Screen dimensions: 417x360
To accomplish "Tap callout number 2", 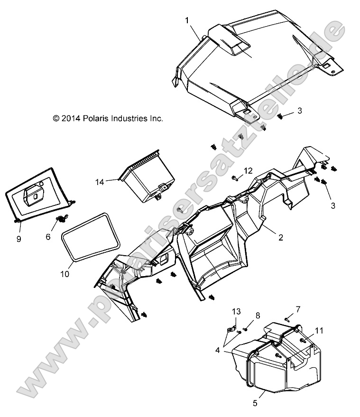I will (x=281, y=238).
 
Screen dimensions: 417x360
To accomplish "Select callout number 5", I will (x=255, y=404).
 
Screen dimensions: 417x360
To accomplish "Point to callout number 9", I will (x=18, y=239).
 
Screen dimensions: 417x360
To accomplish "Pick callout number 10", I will (x=65, y=274).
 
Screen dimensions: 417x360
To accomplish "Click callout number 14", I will (x=99, y=182).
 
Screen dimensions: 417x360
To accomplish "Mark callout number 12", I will (x=248, y=170).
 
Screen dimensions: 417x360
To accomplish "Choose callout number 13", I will (x=236, y=312).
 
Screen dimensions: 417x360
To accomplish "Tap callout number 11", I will (x=320, y=330).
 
